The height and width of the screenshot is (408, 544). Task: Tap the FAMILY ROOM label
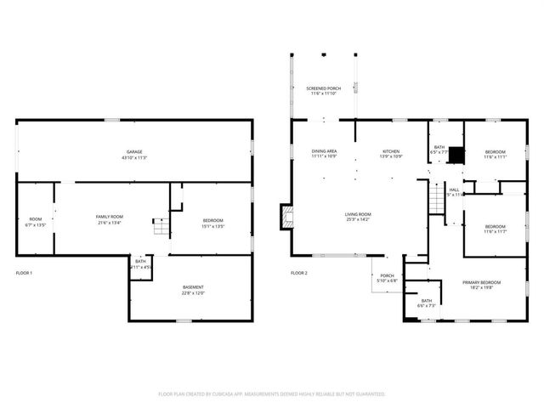[x=109, y=219]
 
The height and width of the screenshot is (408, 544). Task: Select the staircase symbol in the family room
[x=159, y=227]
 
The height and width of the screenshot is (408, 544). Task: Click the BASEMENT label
[x=193, y=289]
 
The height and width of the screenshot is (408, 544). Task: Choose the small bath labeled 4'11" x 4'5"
[x=140, y=264]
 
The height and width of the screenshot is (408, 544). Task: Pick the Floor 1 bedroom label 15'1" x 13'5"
[x=212, y=223]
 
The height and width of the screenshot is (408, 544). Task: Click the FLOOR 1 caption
[x=24, y=273]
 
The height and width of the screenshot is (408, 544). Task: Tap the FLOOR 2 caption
[x=298, y=273]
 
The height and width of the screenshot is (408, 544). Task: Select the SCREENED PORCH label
[x=323, y=91]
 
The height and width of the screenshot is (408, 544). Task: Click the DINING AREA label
[x=324, y=153]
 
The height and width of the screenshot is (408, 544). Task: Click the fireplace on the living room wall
[x=285, y=217]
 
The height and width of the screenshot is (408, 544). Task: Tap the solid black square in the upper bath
[x=456, y=155]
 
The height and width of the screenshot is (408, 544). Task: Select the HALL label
[x=454, y=192]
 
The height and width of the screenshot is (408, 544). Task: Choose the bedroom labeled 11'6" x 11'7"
[x=495, y=229]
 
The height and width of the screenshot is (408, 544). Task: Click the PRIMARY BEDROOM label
[x=481, y=285]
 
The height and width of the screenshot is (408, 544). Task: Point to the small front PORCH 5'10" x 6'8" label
[x=387, y=278]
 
